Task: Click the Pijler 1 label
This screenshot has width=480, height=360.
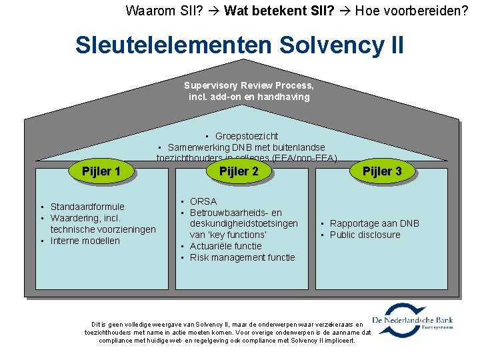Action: click(x=101, y=171)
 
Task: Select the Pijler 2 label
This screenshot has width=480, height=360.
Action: click(x=239, y=171)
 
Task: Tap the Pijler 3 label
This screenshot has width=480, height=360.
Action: click(x=382, y=171)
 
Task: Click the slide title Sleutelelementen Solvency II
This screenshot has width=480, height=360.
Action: click(x=239, y=45)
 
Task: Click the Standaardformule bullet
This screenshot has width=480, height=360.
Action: click(x=87, y=207)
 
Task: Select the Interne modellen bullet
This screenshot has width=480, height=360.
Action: click(x=85, y=241)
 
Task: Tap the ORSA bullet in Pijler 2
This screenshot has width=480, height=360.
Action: click(x=203, y=201)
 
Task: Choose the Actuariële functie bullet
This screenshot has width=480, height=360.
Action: click(x=225, y=246)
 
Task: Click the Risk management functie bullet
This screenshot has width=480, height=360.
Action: click(x=242, y=257)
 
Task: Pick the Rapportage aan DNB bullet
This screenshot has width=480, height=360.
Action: click(x=374, y=223)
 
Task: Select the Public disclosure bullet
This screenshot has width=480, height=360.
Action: click(x=365, y=235)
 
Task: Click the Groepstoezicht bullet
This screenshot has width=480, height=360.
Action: click(x=246, y=136)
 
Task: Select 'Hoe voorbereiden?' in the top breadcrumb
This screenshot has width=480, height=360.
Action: click(x=412, y=10)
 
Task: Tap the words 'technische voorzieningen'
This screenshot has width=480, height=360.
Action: click(x=103, y=229)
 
